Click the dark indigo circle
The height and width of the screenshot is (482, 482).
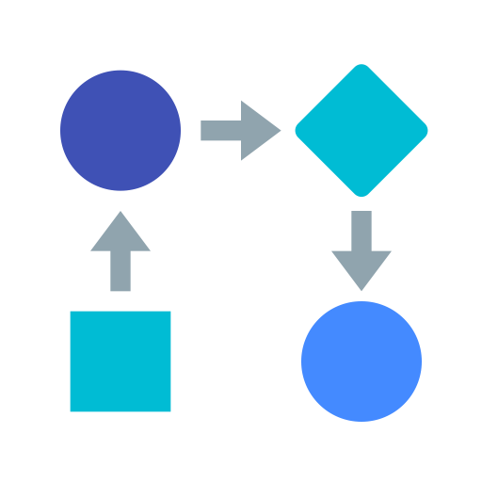point(120,130)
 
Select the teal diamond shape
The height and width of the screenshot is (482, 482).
point(361,130)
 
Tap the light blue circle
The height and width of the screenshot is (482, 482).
point(361,361)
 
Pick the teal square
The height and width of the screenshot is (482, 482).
point(120,361)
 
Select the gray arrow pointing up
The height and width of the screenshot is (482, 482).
point(120,250)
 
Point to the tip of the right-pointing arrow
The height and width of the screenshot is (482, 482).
point(280,130)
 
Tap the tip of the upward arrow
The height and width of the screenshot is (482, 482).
point(120,213)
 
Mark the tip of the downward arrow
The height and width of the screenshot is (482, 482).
point(361,289)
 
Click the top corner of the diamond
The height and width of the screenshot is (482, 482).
point(361,65)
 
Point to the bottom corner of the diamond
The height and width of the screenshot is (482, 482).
point(361,196)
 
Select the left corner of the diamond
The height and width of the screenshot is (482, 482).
point(297,130)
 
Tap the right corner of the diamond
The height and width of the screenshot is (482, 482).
point(426,130)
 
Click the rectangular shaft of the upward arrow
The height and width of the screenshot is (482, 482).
point(120,272)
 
